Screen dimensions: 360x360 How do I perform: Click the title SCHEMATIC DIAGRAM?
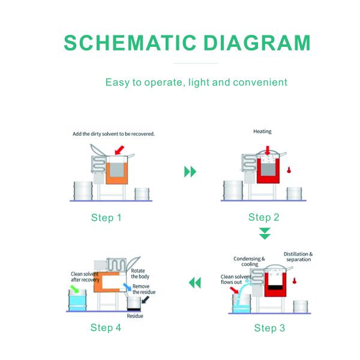(x=187, y=43)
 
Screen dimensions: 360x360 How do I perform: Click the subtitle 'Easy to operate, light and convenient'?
(x=196, y=82)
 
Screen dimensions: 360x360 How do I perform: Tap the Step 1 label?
(x=106, y=217)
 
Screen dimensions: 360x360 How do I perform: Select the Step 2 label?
(x=264, y=217)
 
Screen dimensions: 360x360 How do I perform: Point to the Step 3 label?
(x=269, y=328)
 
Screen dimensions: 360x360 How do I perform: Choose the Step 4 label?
(x=106, y=328)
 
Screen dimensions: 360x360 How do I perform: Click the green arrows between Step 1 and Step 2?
(x=190, y=172)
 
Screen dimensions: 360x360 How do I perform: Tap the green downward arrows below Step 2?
(x=265, y=233)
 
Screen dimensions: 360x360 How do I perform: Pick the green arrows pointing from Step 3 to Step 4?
(x=194, y=283)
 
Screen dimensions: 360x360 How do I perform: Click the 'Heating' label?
(x=263, y=131)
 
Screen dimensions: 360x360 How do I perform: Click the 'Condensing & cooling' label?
(x=245, y=262)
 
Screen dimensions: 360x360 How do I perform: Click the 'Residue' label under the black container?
(x=135, y=316)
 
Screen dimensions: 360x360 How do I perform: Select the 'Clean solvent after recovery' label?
(x=84, y=277)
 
